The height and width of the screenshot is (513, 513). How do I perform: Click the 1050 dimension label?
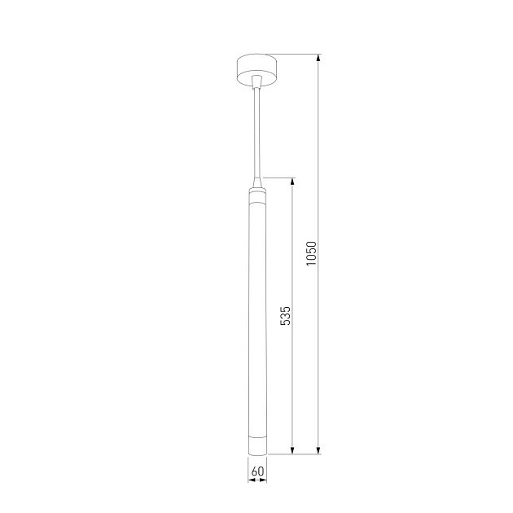pos(311,253)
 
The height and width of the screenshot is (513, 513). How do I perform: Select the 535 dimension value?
pos(285,316)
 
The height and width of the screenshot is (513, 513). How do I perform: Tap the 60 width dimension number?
pos(257,471)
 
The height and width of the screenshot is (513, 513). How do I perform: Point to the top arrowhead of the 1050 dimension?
pos(318,58)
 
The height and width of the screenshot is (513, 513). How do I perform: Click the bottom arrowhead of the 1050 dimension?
pos(318,450)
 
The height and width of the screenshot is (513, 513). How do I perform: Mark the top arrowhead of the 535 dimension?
pos(292,182)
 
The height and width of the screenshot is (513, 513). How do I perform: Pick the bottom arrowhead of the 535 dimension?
pos(292,450)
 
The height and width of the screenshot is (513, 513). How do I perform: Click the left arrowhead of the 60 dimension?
pos(252,480)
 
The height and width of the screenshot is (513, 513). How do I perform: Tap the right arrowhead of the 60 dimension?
pos(263,480)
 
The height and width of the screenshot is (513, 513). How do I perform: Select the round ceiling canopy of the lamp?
pos(256,70)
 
